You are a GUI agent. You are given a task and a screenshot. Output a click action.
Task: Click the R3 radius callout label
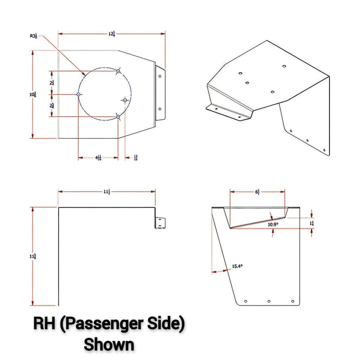click(x=33, y=36)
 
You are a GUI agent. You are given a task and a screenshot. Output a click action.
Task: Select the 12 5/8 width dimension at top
click(x=111, y=33)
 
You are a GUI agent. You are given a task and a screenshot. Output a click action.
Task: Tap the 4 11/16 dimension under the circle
click(x=98, y=158)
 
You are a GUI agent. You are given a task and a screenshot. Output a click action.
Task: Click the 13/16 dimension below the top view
click(x=135, y=158)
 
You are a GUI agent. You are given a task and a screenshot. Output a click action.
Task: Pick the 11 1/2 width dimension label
click(x=106, y=191)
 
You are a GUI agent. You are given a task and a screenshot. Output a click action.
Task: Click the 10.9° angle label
click(x=273, y=224)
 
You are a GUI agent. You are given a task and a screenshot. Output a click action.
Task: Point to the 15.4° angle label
click(x=237, y=266)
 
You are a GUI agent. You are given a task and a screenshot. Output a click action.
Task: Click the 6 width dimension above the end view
click(x=257, y=191)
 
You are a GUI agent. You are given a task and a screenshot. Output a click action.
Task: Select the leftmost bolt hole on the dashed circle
click(x=78, y=94)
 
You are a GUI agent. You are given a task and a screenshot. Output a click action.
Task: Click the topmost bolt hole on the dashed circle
click(x=118, y=71)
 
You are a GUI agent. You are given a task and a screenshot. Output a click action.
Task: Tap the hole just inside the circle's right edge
click(x=124, y=99)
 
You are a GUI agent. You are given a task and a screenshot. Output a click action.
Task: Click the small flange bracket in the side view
click(x=160, y=222)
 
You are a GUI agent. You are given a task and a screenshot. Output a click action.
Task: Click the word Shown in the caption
click(x=109, y=343)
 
